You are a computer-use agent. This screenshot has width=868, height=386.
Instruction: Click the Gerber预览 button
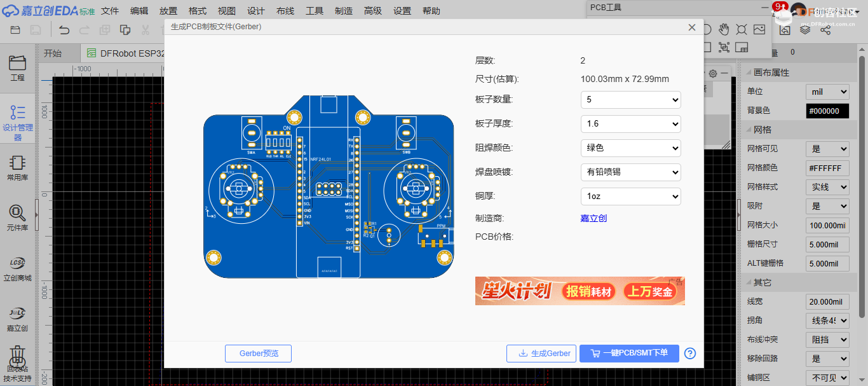coord(258,354)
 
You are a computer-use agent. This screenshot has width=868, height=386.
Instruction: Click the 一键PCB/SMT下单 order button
coord(628,353)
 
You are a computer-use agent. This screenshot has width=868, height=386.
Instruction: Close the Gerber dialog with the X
coord(692,27)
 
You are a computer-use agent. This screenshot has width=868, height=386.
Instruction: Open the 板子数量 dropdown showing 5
coord(630,100)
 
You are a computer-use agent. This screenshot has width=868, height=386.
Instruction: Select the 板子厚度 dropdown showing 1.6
coord(630,124)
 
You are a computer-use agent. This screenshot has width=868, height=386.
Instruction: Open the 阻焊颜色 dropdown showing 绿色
coord(630,148)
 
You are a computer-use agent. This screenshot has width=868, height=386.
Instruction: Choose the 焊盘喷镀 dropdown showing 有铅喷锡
coord(630,172)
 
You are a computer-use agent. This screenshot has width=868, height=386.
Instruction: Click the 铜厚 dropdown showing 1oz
coord(630,196)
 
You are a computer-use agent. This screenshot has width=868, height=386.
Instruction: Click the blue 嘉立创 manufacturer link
coord(593,218)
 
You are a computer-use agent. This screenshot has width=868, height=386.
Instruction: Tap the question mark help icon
coord(690,354)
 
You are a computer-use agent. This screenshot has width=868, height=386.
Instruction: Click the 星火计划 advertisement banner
coord(580,291)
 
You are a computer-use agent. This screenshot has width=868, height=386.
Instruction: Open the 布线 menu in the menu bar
coord(285,11)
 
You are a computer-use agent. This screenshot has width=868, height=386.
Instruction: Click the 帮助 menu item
coord(431,11)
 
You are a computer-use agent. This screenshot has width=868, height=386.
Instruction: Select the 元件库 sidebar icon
coord(17,217)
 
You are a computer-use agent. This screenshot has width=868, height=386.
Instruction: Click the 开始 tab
coord(53,53)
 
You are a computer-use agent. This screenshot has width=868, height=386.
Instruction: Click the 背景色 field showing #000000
coord(827,111)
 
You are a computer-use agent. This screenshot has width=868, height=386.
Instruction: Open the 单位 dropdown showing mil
coord(827,92)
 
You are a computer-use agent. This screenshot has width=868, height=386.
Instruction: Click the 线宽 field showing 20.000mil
coord(827,301)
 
